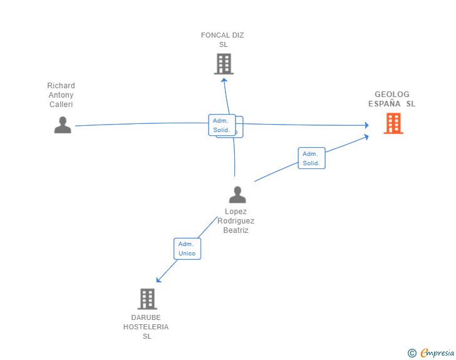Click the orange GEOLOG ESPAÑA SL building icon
(393, 123)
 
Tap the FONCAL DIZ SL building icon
(224, 64)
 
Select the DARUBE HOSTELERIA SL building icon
(147, 299)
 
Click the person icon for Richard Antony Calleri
(63, 125)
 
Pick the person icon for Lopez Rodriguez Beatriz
(237, 195)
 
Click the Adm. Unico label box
(187, 249)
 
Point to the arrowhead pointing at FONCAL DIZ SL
(224, 81)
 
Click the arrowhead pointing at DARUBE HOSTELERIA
(159, 279)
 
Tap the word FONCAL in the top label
(212, 35)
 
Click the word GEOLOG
(391, 94)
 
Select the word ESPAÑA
(385, 103)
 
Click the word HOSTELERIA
(146, 327)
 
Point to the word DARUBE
(146, 317)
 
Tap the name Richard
(61, 86)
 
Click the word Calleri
(61, 105)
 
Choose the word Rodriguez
(236, 221)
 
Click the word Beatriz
(236, 230)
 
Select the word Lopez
(236, 212)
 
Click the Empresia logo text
(437, 353)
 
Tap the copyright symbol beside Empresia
(412, 353)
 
